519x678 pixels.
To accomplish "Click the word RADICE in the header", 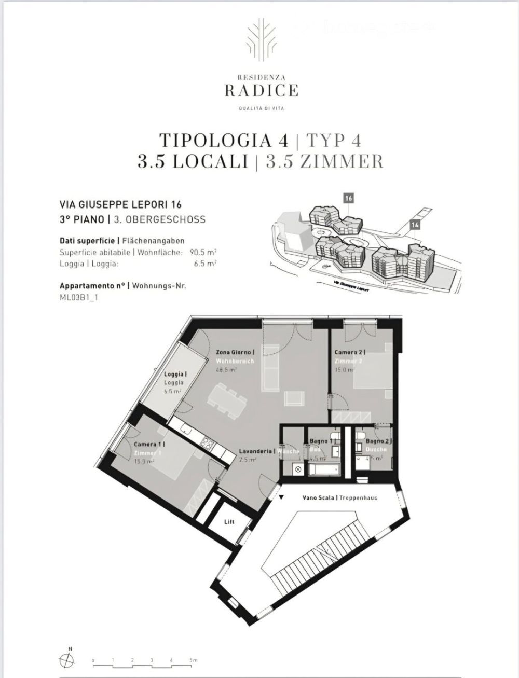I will click(261, 91).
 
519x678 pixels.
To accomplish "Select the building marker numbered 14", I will click(414, 224).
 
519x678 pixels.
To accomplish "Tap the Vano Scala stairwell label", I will click(319, 497).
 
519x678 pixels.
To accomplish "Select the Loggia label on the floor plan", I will click(175, 374).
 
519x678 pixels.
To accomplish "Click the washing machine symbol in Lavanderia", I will click(297, 469).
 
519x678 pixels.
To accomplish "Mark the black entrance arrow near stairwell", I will click(281, 497).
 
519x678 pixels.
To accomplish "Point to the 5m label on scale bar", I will click(193, 660).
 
